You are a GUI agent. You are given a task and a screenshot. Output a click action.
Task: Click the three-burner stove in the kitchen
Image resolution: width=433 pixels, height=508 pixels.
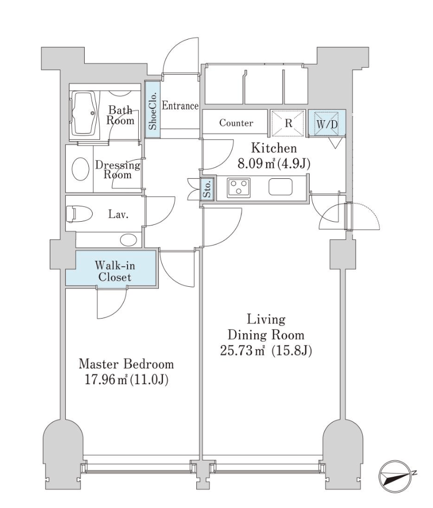239,188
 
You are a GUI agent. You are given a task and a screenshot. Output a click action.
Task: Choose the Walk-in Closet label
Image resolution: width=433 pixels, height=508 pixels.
113,270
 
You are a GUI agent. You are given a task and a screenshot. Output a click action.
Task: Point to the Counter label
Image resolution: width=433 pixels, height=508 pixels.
236,123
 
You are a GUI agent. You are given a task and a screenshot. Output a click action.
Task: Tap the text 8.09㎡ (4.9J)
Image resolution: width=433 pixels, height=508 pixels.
273,164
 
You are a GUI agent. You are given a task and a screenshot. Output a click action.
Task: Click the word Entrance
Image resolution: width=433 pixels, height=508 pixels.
179,106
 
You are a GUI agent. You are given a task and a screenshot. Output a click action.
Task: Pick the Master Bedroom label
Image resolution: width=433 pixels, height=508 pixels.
126,364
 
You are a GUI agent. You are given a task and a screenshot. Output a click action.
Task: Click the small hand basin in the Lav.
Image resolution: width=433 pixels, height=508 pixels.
128,240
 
